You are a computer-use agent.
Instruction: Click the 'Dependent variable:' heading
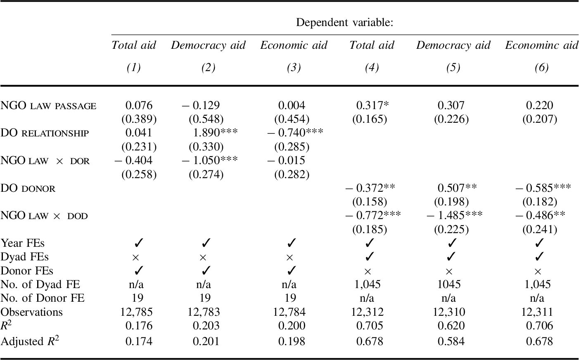pos(344,22)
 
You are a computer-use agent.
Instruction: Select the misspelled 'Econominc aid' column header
pos(541,45)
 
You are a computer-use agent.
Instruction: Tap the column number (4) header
pos(372,67)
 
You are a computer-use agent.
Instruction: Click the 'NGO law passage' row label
pos(48,106)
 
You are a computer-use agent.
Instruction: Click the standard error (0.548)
pos(206,119)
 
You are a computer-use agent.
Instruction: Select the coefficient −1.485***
pos(454,215)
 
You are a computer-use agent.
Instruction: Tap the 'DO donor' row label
pos(28,188)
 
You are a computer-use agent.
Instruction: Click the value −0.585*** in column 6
pos(543,188)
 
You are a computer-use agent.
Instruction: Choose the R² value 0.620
pos(451,326)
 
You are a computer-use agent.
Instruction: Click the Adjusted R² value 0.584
pos(451,341)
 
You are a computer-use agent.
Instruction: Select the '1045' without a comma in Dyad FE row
pos(449,285)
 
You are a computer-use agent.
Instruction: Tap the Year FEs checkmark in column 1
pos(138,243)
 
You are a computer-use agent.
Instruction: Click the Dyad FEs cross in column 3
pos(289,257)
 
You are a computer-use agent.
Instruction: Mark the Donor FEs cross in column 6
pos(537,272)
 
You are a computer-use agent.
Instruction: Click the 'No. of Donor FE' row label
pos(43,298)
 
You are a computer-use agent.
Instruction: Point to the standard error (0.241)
pos(539,229)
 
